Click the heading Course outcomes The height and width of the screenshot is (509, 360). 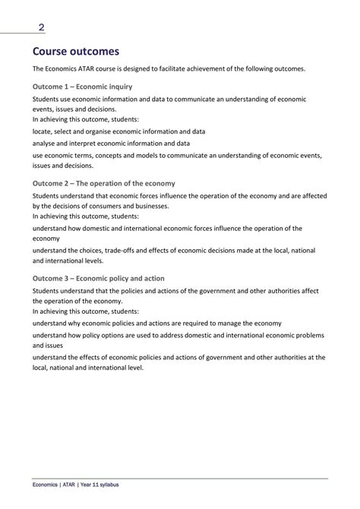click(76, 52)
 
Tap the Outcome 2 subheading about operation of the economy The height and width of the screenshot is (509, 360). click(104, 183)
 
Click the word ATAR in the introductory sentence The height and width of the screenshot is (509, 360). click(99, 69)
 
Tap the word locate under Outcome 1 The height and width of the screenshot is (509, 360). click(43, 131)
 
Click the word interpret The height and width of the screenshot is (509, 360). click(90, 143)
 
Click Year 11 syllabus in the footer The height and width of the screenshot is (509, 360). click(102, 484)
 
